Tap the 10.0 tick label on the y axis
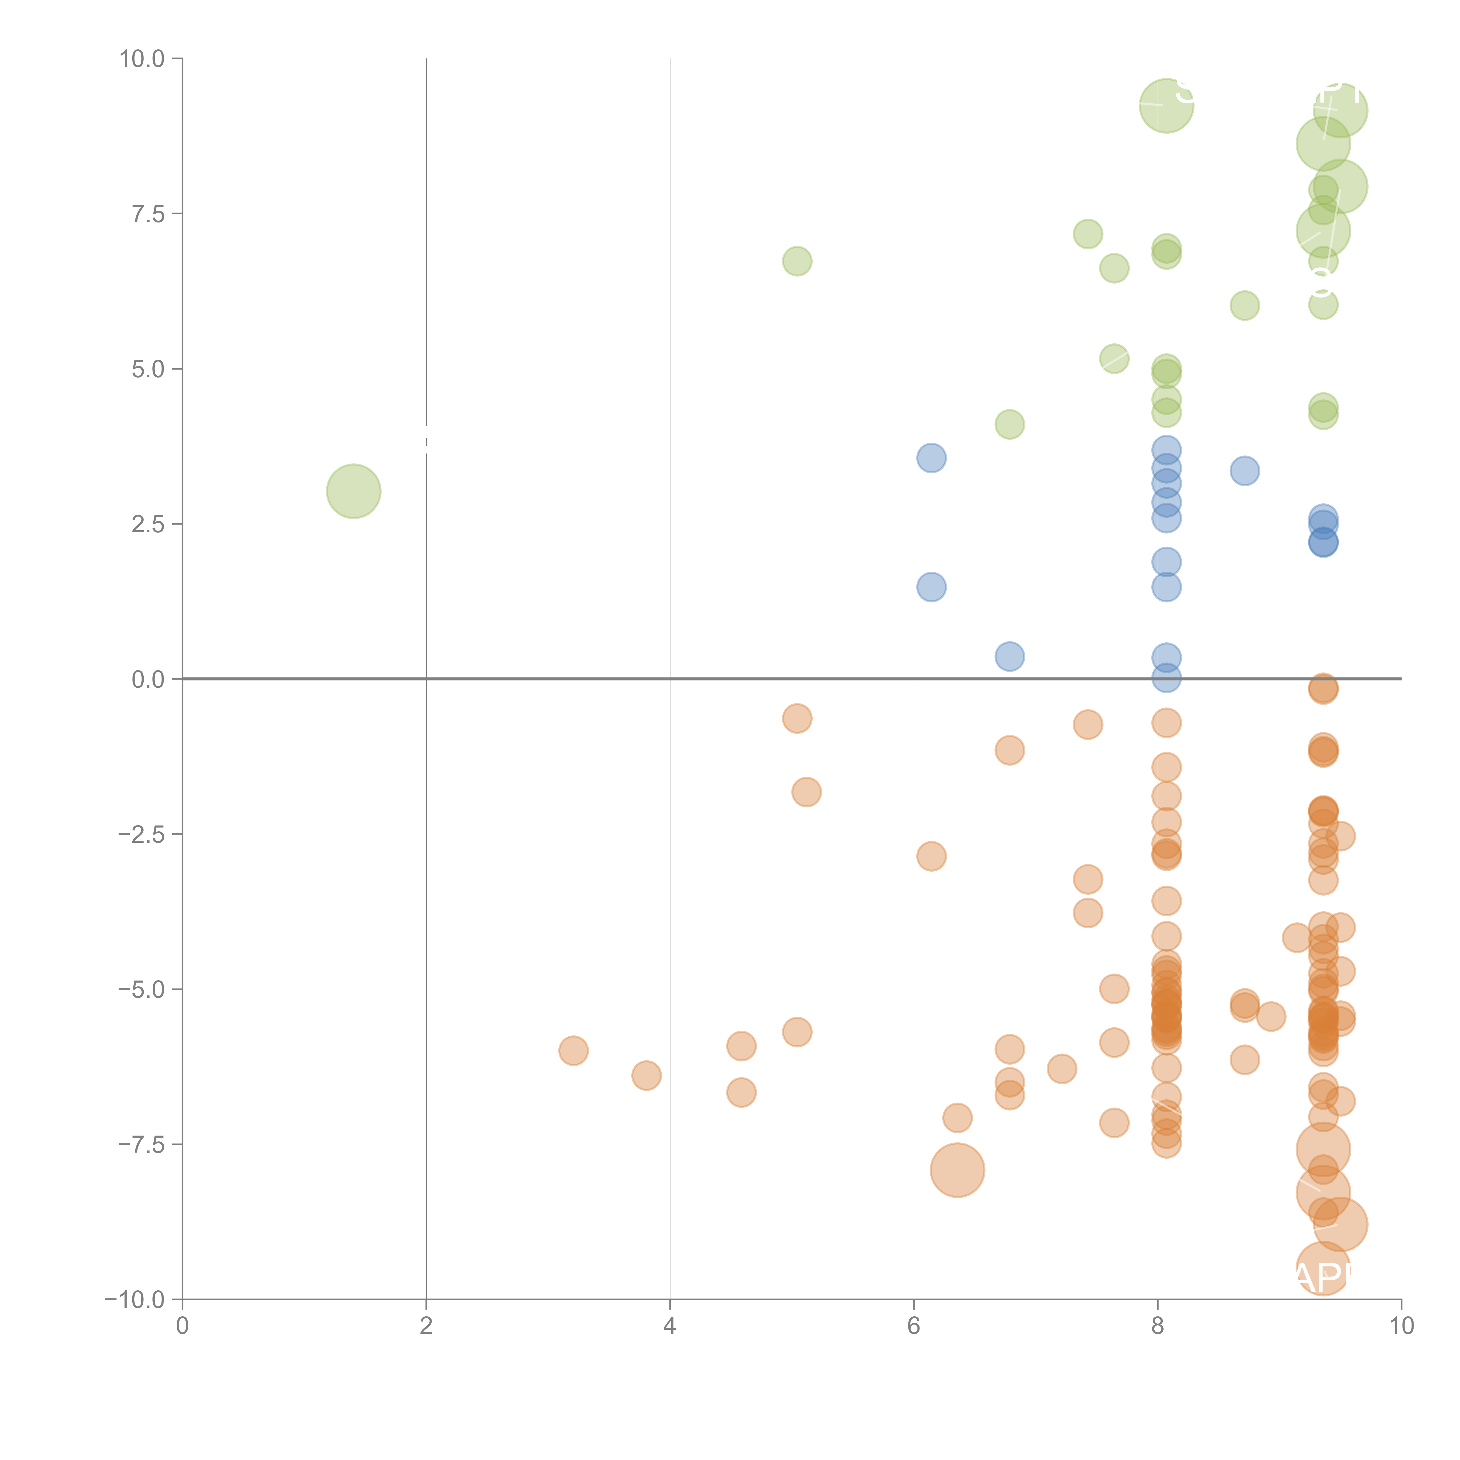point(142,59)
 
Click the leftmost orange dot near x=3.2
point(573,1050)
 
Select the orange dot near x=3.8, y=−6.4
point(646,1075)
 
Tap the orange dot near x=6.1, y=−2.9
point(931,856)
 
